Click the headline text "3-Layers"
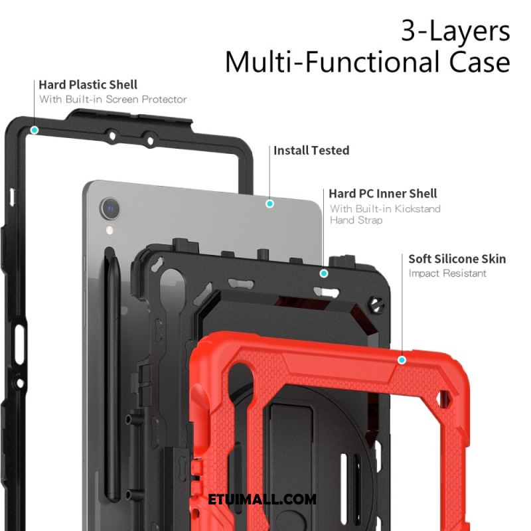coord(455,31)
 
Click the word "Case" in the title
coord(479,62)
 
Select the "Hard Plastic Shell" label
coord(88,85)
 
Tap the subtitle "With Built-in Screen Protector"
coord(113,99)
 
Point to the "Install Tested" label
coord(311,151)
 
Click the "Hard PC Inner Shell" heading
coord(383,194)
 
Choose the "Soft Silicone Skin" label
coord(457,259)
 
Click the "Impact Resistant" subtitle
coord(447,273)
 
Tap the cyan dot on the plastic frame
coord(35,130)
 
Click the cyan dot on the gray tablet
coord(269,204)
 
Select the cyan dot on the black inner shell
coord(324,273)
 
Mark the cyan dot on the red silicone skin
coord(402,360)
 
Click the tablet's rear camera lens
coord(110,208)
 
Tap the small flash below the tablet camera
coord(110,230)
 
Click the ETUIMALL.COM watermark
coord(262,499)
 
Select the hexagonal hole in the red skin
coord(443,399)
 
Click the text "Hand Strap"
coord(356,220)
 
